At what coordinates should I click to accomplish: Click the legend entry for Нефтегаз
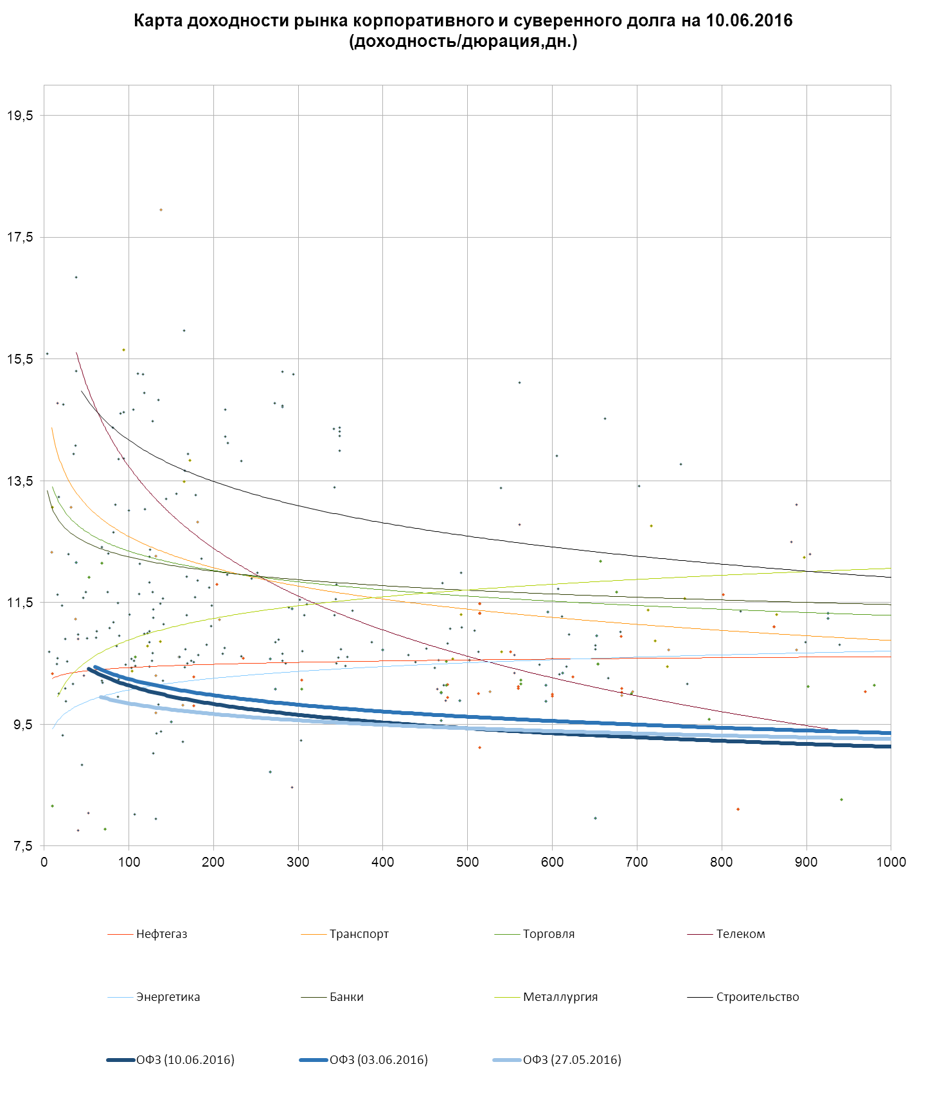[161, 934]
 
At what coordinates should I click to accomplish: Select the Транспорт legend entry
[359, 934]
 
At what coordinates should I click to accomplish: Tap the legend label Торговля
[548, 934]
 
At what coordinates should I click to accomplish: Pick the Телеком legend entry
[740, 934]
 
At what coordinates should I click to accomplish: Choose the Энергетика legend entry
[168, 997]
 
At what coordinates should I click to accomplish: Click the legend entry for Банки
[346, 997]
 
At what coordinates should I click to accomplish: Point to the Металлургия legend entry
[560, 997]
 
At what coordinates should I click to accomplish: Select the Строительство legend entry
[757, 997]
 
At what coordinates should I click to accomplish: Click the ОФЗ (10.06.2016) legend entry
[184, 1060]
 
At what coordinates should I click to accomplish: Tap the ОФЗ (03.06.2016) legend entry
[378, 1060]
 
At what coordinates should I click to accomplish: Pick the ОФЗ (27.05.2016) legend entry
[572, 1060]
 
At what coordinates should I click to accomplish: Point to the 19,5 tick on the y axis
[20, 116]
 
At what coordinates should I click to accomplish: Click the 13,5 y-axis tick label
[20, 481]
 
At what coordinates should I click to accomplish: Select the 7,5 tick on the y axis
[22, 846]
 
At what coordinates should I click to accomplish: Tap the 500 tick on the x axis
[467, 862]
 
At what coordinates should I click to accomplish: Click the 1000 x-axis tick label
[891, 862]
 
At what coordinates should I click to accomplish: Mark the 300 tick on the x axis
[298, 862]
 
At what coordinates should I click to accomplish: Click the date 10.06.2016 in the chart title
[749, 21]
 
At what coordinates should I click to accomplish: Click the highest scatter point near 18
[161, 210]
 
